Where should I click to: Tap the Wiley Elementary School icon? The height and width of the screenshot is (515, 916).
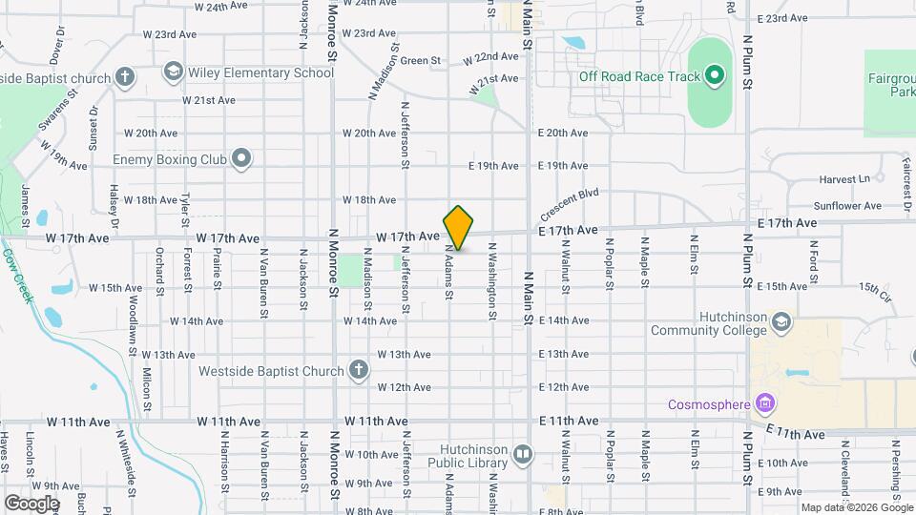173,72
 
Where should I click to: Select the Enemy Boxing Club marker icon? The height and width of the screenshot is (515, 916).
242,159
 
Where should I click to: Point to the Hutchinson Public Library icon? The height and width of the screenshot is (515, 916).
522,454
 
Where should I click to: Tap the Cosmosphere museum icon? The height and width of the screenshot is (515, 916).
763,404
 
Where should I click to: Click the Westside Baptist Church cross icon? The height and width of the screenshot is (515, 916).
359,370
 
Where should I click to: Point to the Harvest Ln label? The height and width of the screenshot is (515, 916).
845,179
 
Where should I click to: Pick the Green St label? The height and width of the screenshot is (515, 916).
420,61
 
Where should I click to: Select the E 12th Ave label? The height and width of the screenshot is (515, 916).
563,387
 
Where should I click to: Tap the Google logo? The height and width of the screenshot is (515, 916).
31,503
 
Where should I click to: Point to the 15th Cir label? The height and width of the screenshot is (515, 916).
875,287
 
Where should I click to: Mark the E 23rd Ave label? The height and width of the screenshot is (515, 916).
783,18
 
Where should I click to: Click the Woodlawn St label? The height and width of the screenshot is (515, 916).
131,314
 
